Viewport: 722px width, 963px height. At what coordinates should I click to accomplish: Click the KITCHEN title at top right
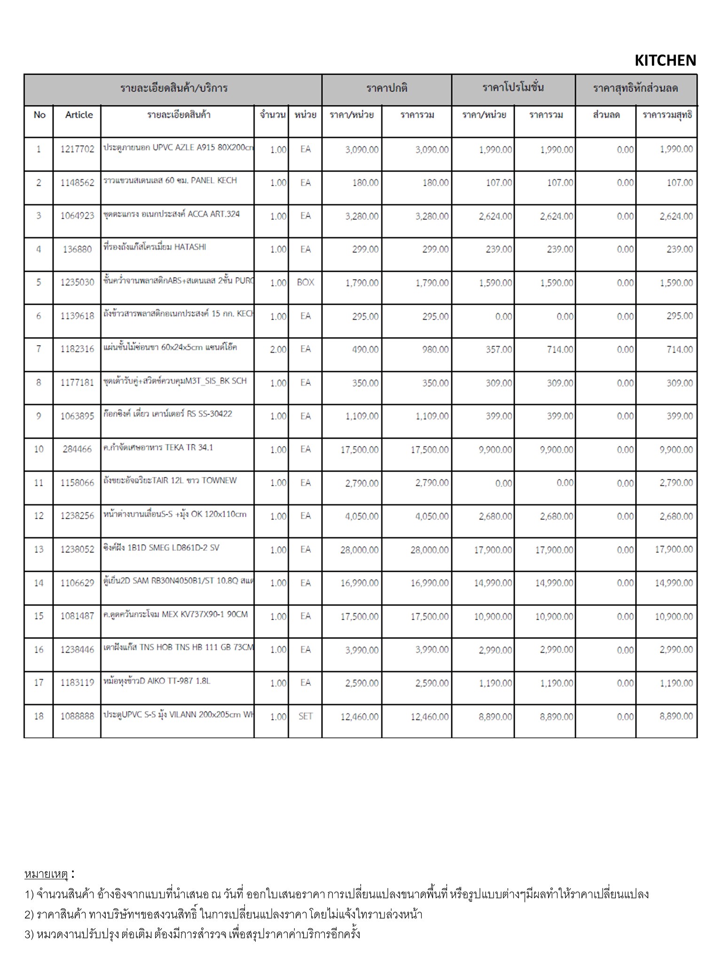coord(665,61)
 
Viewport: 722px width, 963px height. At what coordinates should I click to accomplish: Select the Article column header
coord(79,115)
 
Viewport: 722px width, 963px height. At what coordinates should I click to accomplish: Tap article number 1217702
coord(77,150)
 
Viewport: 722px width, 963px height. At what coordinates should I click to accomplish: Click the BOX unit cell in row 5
coord(306,283)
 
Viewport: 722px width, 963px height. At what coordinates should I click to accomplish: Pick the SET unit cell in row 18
coord(306,717)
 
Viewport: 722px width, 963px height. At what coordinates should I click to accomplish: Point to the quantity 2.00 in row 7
coord(278,349)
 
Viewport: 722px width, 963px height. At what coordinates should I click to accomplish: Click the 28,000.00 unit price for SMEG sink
coord(359,550)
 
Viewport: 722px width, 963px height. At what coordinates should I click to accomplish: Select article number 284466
coord(77,450)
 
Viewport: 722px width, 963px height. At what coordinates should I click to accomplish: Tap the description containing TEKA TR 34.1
coord(158,448)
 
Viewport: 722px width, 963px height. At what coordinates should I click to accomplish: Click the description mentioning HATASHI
coord(155,247)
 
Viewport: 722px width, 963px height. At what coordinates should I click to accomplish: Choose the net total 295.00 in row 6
coord(679,316)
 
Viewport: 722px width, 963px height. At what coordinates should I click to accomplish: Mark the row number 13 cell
coord(39,550)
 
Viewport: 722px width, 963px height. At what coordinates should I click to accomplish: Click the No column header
coord(39,115)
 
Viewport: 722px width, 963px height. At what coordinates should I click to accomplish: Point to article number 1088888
coord(77,717)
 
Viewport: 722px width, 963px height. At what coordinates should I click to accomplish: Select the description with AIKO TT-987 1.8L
coord(157,681)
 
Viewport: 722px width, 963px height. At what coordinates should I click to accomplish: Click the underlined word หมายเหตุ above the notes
coord(47,875)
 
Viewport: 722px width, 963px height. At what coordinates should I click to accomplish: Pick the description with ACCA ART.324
coord(172,214)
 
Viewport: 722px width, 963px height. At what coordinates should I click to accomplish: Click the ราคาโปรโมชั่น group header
coord(513,88)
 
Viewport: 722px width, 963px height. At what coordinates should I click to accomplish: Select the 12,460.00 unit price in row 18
coord(359,717)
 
